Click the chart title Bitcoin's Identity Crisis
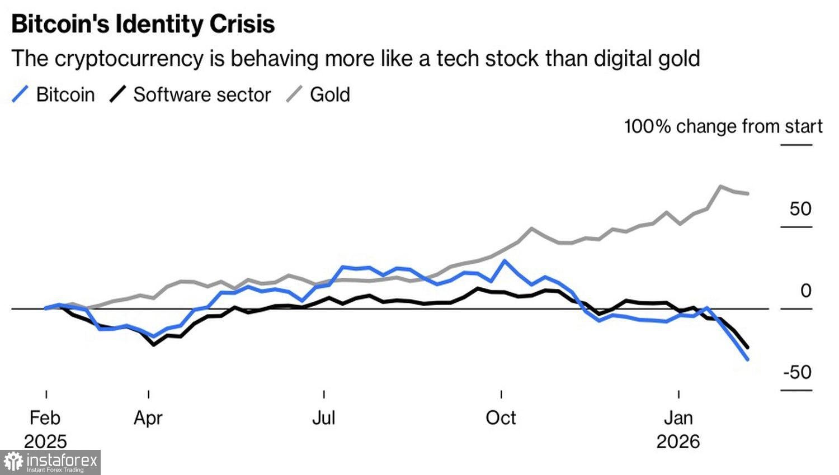(143, 25)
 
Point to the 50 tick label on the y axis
(800, 208)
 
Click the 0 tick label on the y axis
(805, 291)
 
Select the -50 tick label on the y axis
(797, 372)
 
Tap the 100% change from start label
(723, 126)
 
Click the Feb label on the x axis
(45, 417)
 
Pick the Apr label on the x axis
(148, 417)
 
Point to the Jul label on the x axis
(324, 417)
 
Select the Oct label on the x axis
(501, 417)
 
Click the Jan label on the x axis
(678, 417)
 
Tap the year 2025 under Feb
(45, 441)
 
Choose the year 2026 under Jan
(678, 441)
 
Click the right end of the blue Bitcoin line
(748, 359)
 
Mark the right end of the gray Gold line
(748, 193)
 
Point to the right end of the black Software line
(748, 347)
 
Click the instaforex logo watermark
(50, 462)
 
